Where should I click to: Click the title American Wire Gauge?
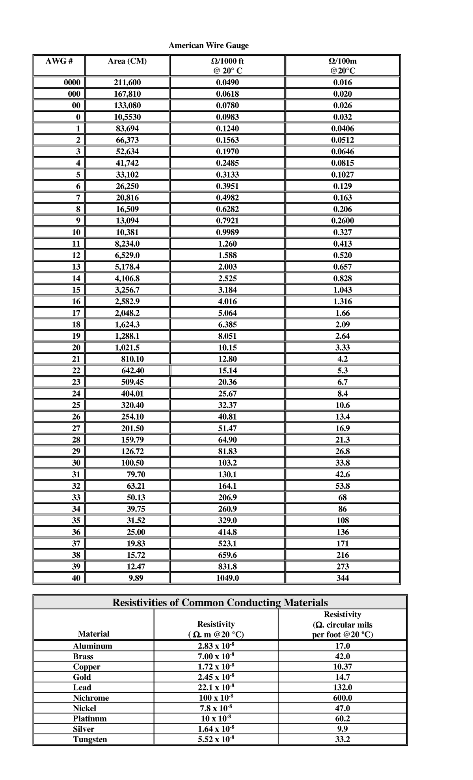[x=209, y=45]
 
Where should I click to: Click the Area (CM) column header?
[x=127, y=61]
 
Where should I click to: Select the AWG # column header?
[x=59, y=61]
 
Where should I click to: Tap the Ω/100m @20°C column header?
[x=342, y=66]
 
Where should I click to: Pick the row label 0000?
[x=72, y=82]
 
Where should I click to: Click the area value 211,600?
[x=127, y=82]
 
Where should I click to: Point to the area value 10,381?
[x=127, y=232]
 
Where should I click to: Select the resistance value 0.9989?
[x=227, y=232]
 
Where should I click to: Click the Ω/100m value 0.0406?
[x=342, y=129]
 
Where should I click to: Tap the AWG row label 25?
[x=76, y=405]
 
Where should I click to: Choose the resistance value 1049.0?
[x=227, y=578]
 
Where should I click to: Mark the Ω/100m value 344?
[x=342, y=578]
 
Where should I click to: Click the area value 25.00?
[x=136, y=532]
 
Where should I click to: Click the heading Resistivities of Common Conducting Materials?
[x=220, y=603]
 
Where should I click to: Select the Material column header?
[x=93, y=634]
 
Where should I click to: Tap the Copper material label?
[x=87, y=667]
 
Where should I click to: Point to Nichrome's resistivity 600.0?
[x=342, y=697]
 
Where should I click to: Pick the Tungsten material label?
[x=90, y=739]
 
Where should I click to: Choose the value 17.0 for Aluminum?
[x=342, y=646]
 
